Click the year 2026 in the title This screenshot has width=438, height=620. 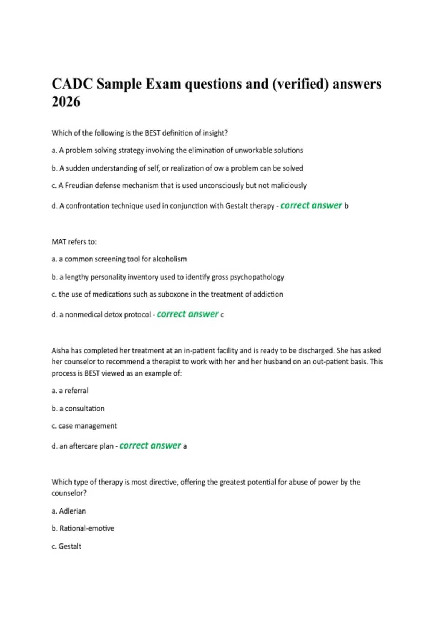(66, 102)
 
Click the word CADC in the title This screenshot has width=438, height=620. (72, 84)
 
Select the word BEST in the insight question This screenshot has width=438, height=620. (153, 133)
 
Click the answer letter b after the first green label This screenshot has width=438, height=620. (346, 206)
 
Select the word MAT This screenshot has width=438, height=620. (59, 242)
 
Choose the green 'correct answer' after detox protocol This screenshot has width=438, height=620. (187, 314)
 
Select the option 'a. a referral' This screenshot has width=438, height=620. (70, 391)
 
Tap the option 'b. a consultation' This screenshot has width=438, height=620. (78, 408)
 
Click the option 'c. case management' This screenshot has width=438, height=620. (84, 426)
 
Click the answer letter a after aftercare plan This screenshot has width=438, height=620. (185, 446)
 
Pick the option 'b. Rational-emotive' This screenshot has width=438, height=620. (83, 528)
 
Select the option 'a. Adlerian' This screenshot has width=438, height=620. (69, 511)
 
